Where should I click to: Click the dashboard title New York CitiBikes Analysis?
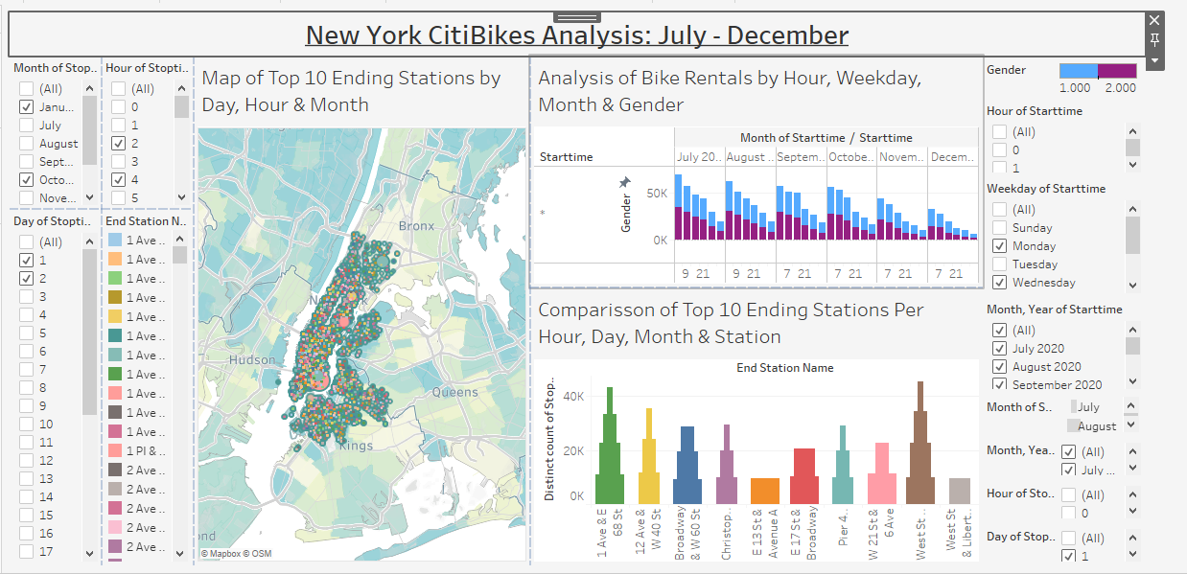click(576, 36)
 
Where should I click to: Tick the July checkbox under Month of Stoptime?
click(26, 126)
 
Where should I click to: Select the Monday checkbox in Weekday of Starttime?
click(999, 246)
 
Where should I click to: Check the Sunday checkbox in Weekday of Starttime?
click(999, 228)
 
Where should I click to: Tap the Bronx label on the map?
click(416, 226)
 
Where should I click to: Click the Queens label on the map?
click(454, 392)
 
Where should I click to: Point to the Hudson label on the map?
click(252, 360)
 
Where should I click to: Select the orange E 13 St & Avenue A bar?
click(764, 491)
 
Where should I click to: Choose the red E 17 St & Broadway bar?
click(804, 476)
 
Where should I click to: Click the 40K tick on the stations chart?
click(572, 396)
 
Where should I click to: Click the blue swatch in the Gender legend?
click(1078, 71)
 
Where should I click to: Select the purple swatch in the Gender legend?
click(1117, 71)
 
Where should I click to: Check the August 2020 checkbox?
click(999, 367)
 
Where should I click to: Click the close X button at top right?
click(1154, 20)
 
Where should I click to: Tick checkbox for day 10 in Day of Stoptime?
click(26, 425)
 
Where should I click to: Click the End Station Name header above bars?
click(784, 368)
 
